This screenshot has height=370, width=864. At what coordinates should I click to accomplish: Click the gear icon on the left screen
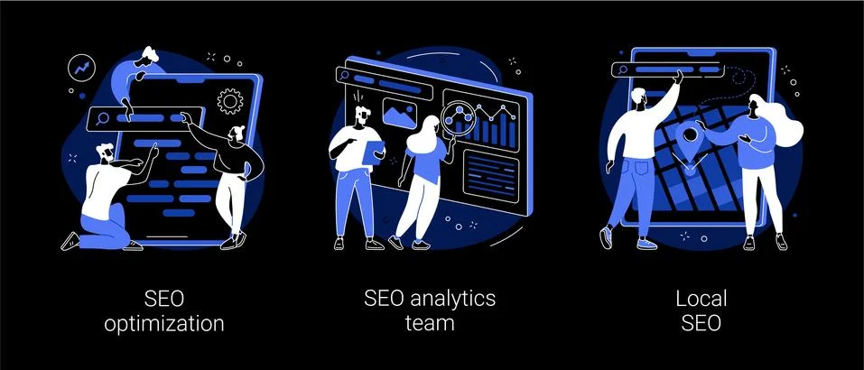tap(230, 101)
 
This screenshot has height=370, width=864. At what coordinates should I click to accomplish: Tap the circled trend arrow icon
tap(81, 69)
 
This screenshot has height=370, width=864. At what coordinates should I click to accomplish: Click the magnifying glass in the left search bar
tap(101, 118)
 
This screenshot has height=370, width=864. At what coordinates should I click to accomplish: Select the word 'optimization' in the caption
tap(164, 323)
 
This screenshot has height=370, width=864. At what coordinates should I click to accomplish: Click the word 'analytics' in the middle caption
tap(449, 299)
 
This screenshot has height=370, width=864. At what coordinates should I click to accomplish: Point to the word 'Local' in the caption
tap(701, 299)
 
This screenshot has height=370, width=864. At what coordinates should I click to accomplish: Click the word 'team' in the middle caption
tap(431, 323)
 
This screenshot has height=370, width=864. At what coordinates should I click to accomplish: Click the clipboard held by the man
tap(373, 152)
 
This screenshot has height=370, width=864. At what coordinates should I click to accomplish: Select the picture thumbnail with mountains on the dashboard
tap(399, 114)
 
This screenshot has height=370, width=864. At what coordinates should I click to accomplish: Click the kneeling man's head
tap(105, 152)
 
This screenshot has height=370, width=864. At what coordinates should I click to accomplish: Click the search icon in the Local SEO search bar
tap(623, 69)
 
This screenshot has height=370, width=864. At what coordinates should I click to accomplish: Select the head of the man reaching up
tap(640, 98)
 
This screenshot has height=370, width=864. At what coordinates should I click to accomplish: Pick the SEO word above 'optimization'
tap(164, 299)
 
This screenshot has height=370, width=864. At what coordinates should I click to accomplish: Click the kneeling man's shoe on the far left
tap(70, 241)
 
